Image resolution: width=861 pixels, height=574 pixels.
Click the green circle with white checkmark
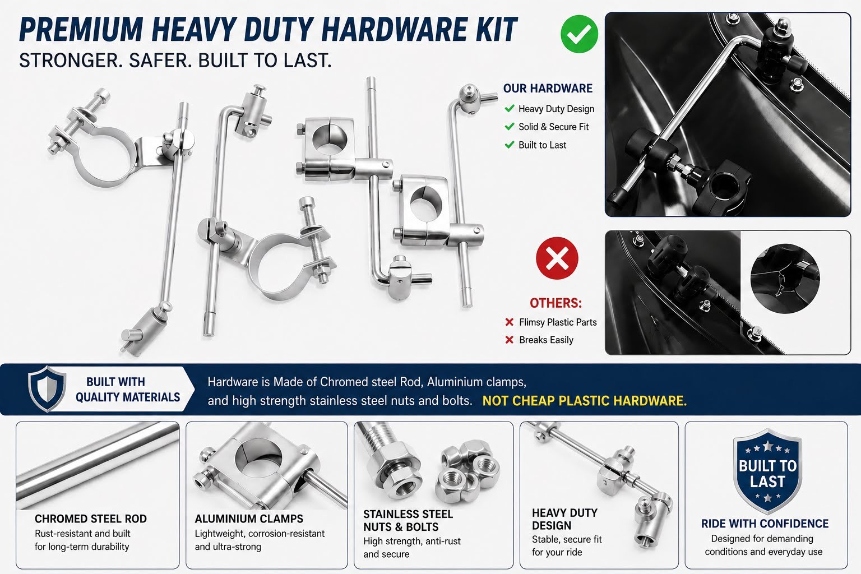[x=579, y=34]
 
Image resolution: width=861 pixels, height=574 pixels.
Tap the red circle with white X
[x=557, y=258]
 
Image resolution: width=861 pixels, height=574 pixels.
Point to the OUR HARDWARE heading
[x=548, y=89]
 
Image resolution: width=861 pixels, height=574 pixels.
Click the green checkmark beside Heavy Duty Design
[x=510, y=108]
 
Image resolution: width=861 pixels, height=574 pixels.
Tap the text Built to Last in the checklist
[x=543, y=145]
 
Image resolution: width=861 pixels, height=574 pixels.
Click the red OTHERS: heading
[x=556, y=303]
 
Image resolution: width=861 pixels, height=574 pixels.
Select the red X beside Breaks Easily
[x=510, y=340]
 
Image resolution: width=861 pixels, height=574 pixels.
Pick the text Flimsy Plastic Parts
[x=558, y=322]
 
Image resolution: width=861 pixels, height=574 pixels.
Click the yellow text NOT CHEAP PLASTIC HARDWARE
[x=584, y=401]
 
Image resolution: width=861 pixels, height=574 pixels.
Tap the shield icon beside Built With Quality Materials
[x=47, y=388]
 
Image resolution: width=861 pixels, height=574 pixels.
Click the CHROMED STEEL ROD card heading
[x=91, y=519]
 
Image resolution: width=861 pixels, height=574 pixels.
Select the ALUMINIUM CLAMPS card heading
[x=249, y=519]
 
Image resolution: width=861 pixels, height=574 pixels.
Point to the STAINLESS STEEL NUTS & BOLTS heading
[x=408, y=520]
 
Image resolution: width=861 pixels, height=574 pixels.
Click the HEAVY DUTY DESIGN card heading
[x=564, y=519]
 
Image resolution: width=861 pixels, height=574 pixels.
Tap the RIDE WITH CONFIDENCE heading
[x=765, y=523]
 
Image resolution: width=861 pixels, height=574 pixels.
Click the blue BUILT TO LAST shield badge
[x=767, y=471]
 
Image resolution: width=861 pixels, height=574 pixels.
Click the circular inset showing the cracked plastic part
[x=785, y=279]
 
